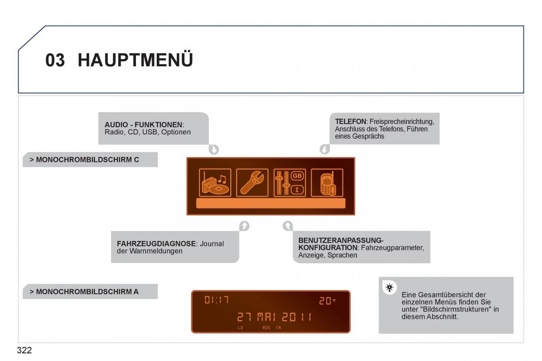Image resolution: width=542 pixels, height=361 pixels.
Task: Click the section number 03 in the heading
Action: (55, 60)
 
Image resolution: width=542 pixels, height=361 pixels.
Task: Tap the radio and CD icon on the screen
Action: (215, 183)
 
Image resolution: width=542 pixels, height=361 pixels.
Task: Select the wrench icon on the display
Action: (252, 183)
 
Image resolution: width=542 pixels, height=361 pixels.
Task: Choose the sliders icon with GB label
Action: (290, 183)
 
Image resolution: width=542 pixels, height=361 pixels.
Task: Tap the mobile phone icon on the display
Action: (327, 183)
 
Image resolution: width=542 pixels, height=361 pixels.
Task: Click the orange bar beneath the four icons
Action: (271, 203)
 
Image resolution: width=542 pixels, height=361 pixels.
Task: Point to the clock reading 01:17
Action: (216, 300)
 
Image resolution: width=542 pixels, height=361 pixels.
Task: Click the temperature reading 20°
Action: (327, 301)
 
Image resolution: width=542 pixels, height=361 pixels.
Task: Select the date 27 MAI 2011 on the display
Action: (274, 317)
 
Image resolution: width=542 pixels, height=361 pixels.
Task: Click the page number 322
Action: (24, 350)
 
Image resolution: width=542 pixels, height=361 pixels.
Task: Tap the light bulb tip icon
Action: (389, 287)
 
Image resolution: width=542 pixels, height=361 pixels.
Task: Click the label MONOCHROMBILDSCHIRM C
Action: (84, 160)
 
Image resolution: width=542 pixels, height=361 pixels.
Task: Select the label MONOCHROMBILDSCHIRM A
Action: (84, 292)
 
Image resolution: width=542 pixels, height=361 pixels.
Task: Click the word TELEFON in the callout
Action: (350, 121)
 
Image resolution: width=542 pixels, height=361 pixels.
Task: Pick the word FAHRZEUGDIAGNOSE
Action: (156, 244)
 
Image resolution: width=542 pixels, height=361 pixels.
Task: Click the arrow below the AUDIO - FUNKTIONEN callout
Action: (214, 149)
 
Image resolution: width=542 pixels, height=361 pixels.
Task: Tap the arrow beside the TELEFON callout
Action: (325, 149)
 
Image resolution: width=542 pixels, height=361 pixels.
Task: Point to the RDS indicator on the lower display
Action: (266, 328)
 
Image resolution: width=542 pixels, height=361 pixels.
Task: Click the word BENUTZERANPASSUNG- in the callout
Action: (341, 241)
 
